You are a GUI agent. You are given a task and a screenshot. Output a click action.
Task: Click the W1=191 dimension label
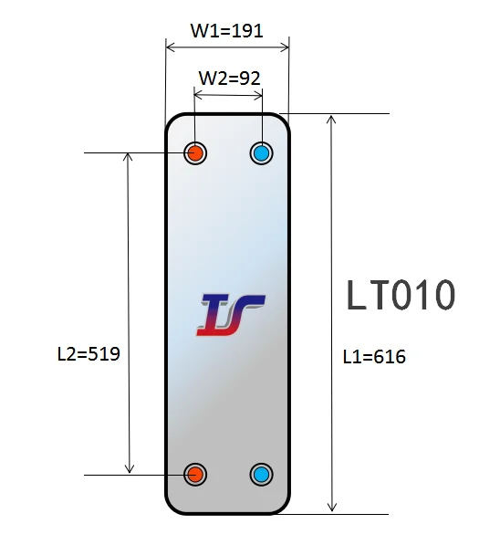[226, 30]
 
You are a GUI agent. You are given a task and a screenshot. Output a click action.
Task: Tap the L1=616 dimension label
[374, 357]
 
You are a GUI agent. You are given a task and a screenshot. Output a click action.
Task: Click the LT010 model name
[401, 296]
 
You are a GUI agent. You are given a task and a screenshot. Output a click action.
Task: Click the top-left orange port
[195, 152]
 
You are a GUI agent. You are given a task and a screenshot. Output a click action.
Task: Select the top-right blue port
[262, 152]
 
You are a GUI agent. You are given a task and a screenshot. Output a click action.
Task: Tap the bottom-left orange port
[195, 474]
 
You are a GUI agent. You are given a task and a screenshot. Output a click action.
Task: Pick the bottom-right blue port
[262, 474]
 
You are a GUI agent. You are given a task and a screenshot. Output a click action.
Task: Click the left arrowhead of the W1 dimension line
[171, 46]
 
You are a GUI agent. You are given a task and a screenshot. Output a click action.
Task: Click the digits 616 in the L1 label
[389, 357]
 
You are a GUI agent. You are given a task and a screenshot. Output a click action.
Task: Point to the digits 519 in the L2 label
[103, 352]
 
